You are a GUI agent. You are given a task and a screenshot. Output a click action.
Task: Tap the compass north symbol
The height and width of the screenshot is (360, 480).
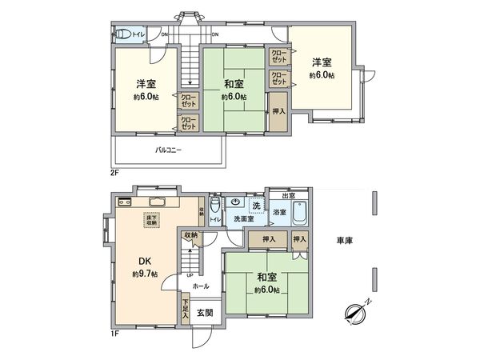click(355, 310)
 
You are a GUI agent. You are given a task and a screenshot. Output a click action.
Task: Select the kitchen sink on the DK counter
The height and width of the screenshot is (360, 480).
click(156, 202)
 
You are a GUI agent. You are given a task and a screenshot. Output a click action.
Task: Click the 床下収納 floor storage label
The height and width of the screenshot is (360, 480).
click(150, 220)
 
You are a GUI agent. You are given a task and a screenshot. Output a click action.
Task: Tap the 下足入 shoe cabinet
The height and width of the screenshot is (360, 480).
click(186, 309)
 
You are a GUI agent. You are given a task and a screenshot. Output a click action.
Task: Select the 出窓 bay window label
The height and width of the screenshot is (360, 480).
click(286, 196)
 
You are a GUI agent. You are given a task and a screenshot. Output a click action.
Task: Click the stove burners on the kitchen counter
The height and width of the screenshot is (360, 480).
click(126, 202)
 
